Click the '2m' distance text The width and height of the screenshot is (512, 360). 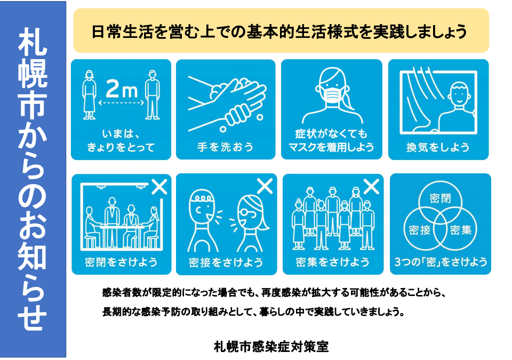point(122,89)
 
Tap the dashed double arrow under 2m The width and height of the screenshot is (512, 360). point(121,102)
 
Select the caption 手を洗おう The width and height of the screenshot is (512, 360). point(225,147)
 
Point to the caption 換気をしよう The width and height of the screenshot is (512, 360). point(438,147)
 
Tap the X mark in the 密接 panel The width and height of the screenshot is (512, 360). point(265,186)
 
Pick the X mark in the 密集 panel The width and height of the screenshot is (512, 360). point(372,187)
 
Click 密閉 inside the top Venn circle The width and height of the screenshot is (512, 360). point(440,198)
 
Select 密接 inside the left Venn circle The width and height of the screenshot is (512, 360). point(420,230)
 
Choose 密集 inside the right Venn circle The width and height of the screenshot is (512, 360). point(461,230)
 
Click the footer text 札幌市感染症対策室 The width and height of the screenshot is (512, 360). point(271,346)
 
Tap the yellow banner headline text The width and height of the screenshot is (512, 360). point(279,31)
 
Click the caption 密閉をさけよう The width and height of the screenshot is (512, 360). point(121,262)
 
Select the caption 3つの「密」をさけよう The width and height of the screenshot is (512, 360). point(441,262)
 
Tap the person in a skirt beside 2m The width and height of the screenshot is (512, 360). point(89,95)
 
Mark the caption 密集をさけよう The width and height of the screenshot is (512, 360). point(332,262)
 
